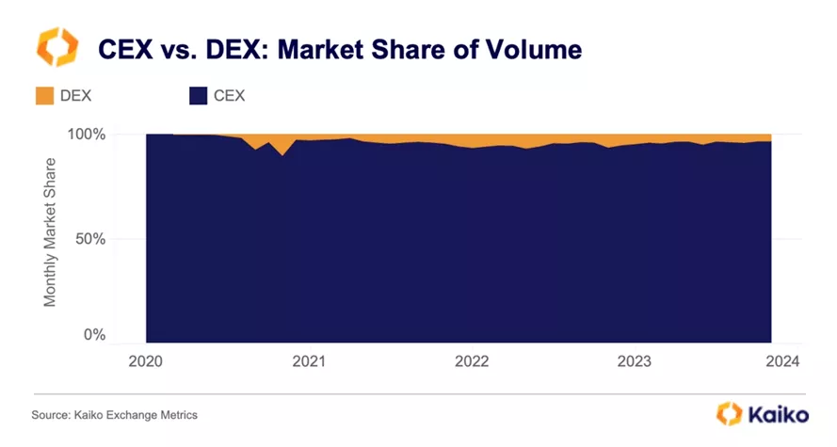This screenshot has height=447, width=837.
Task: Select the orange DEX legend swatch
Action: pos(44,95)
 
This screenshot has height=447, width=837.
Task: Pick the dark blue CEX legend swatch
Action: pos(199,95)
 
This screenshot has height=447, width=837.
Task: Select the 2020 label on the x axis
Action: pos(147,361)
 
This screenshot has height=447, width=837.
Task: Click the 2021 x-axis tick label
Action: pos(309,361)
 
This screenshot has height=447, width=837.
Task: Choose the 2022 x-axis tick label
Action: pos(471,361)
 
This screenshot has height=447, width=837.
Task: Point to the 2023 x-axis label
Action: pos(634,361)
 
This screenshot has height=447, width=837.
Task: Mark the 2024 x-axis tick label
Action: pos(782,361)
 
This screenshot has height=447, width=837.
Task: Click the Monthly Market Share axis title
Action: pos(51,232)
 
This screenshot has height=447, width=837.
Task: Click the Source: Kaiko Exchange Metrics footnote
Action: pos(115,415)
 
